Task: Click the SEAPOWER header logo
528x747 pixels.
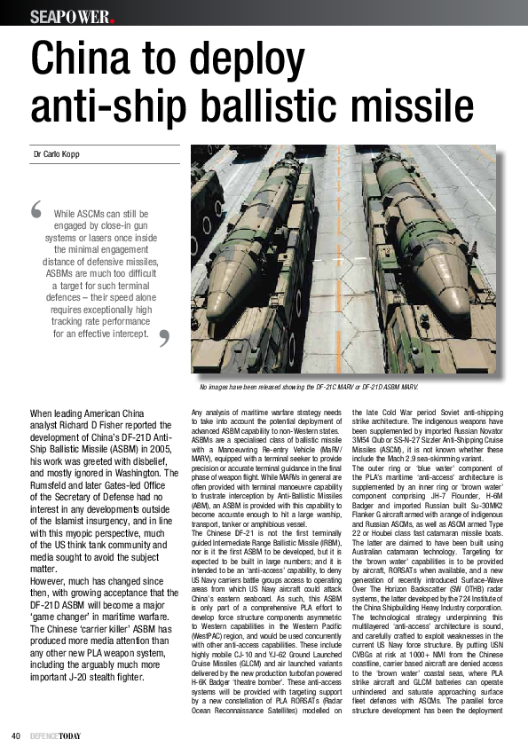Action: coord(72,17)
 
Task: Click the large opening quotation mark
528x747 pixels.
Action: coord(36,210)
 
